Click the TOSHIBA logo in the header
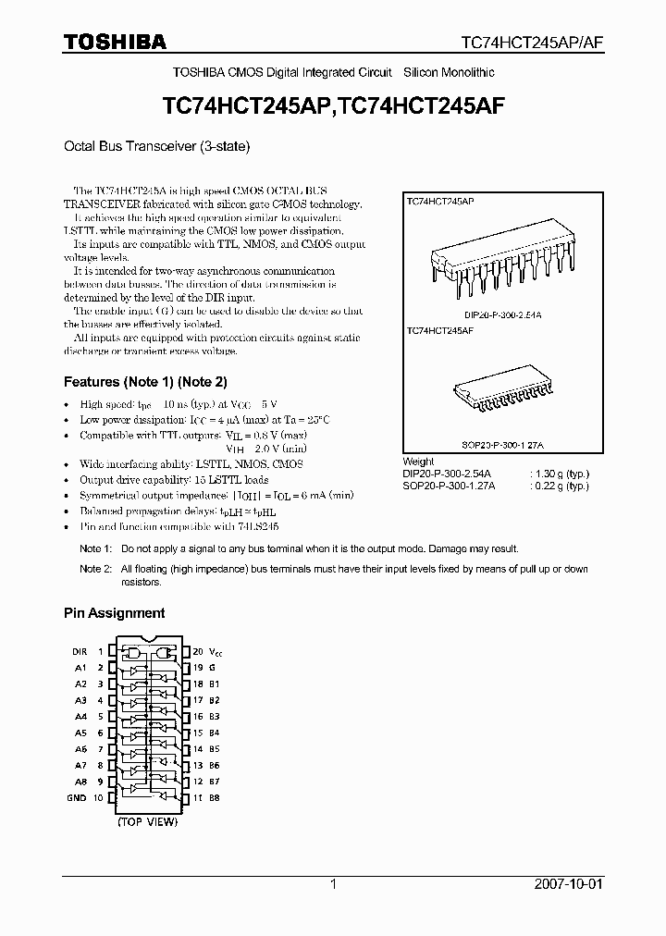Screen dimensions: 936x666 click(x=115, y=42)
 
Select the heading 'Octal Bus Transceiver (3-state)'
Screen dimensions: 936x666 click(x=156, y=146)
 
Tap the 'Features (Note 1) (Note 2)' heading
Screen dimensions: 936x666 click(x=145, y=381)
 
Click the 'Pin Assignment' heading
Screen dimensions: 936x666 click(x=114, y=612)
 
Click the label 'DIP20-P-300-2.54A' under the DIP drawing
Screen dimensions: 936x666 click(x=503, y=315)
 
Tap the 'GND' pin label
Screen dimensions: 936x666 click(x=77, y=797)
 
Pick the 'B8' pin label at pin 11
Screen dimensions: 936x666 click(x=214, y=797)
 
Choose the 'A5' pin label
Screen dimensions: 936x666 click(x=80, y=733)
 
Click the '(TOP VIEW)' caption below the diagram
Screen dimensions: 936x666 click(x=147, y=821)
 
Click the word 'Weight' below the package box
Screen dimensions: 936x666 click(x=418, y=462)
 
